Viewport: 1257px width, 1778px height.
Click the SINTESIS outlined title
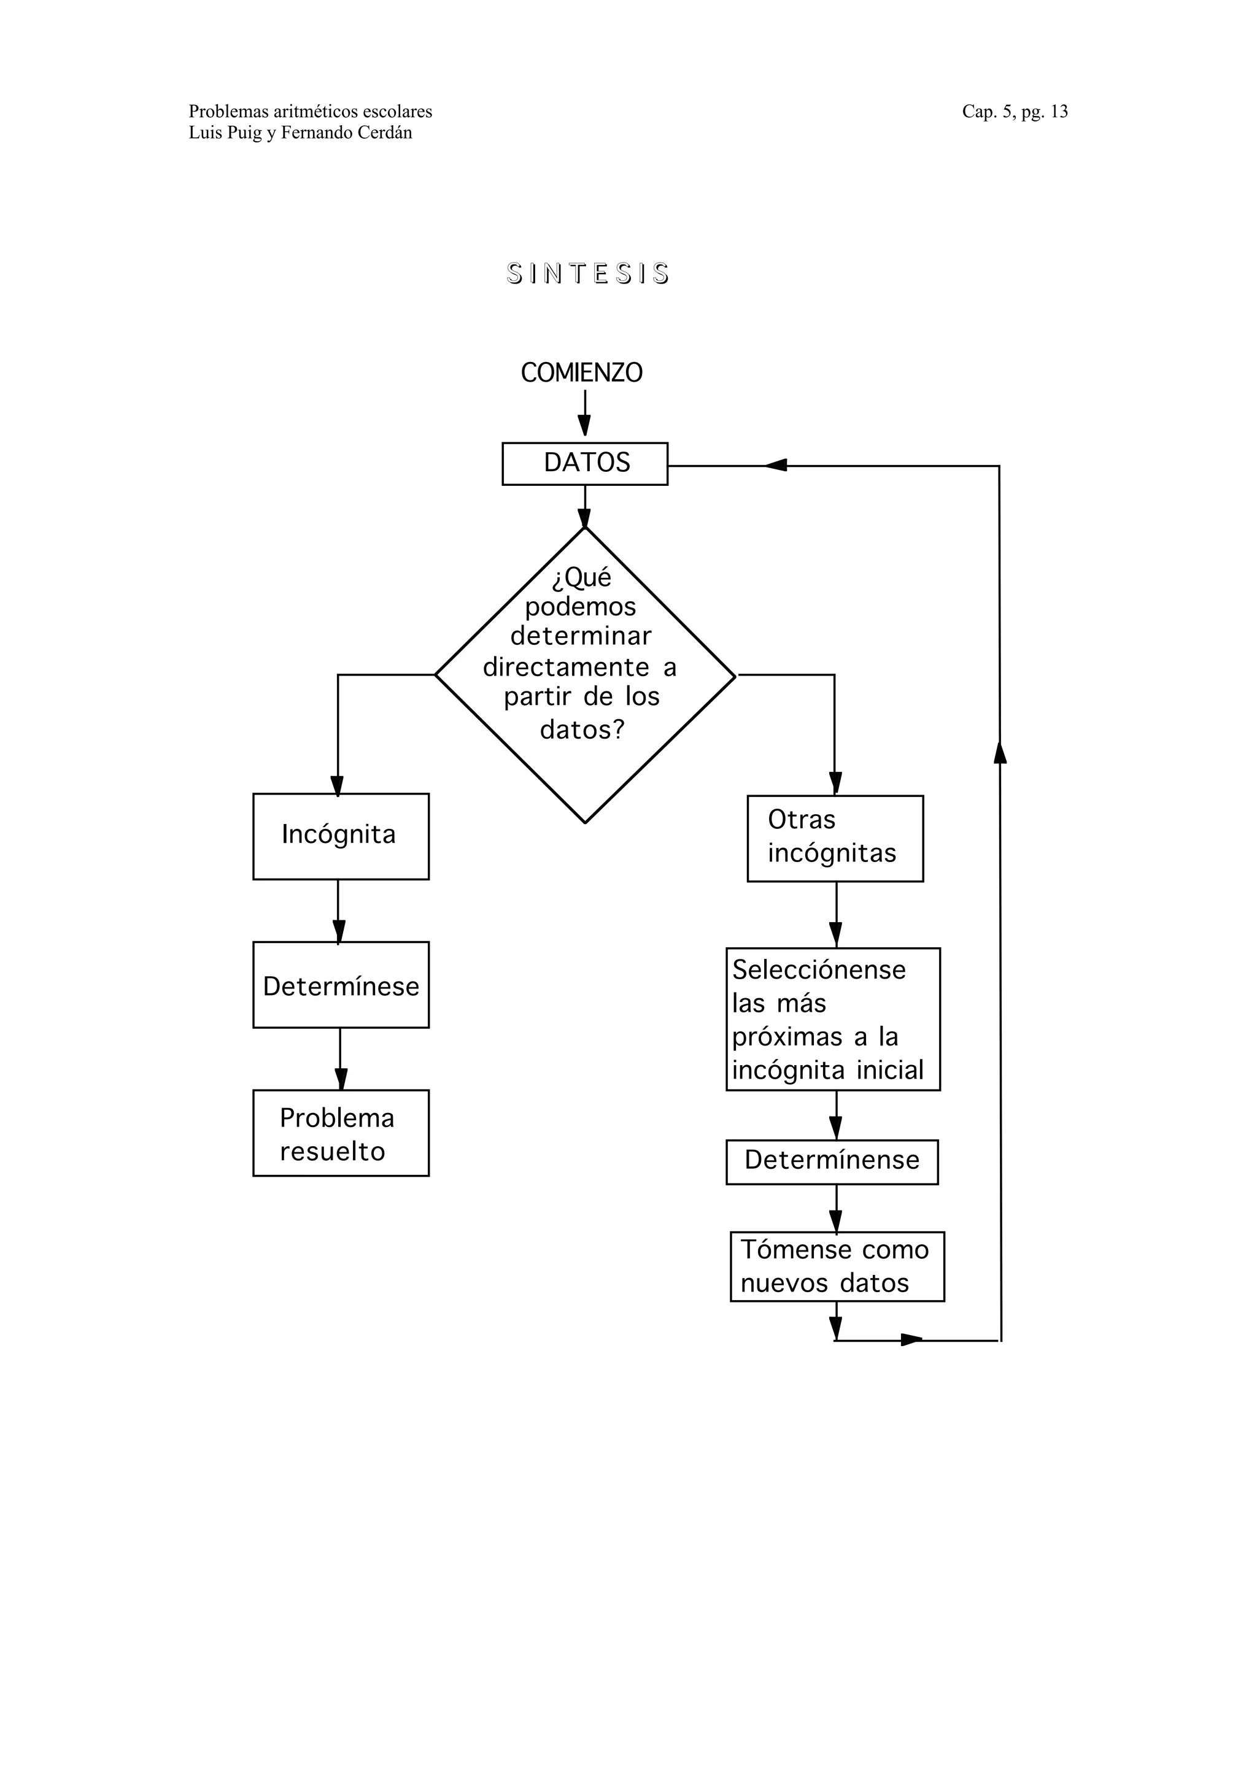pos(588,274)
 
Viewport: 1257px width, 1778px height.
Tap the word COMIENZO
pos(582,372)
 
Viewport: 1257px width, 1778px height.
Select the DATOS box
pos(585,463)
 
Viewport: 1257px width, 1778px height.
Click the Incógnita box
pos(341,836)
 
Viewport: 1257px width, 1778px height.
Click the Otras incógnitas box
pos(835,838)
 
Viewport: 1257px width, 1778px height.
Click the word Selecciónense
pos(819,969)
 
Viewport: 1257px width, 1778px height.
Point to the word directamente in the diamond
pos(566,667)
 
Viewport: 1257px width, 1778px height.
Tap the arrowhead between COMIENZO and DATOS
pos(585,425)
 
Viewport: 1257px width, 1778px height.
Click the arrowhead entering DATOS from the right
pos(775,466)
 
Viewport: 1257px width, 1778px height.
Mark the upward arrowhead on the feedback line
pos(1000,751)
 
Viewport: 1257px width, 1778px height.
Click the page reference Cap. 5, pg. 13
pos(1015,112)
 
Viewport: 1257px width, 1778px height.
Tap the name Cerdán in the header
pos(384,133)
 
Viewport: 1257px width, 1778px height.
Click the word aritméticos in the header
pos(314,112)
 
